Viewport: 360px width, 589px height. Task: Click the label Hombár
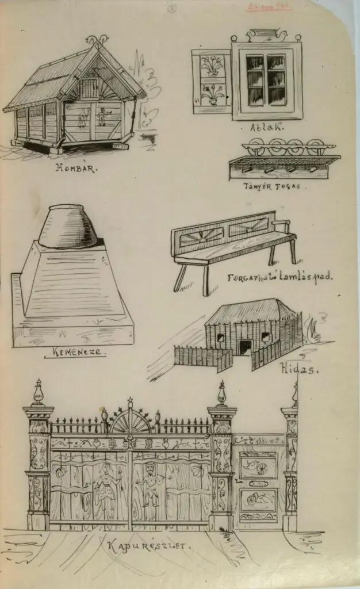pyautogui.click(x=76, y=169)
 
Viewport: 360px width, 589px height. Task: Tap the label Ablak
pyautogui.click(x=266, y=128)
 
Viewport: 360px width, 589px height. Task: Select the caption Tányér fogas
pyautogui.click(x=275, y=186)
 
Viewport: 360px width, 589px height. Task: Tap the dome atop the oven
pyautogui.click(x=67, y=226)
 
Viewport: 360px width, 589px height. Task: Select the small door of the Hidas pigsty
pyautogui.click(x=246, y=347)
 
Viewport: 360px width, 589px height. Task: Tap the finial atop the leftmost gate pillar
pyautogui.click(x=39, y=393)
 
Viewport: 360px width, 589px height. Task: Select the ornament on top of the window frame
pyautogui.click(x=266, y=36)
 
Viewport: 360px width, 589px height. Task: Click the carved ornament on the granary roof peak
pyautogui.click(x=97, y=41)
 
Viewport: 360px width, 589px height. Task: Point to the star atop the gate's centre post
pyautogui.click(x=130, y=400)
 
